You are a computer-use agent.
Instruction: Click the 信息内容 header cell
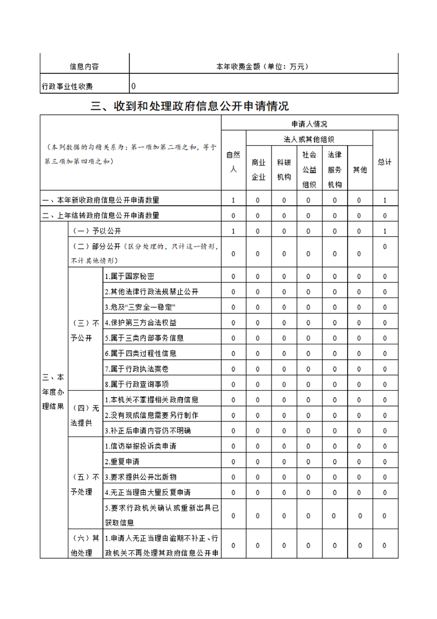tap(84, 67)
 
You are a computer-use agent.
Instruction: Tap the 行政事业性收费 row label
tap(67, 87)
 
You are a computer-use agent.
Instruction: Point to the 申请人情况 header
tap(310, 124)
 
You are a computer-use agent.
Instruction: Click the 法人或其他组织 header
tap(310, 140)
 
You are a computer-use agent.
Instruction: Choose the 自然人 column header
tap(233, 162)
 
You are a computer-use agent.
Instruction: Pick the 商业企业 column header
tap(258, 169)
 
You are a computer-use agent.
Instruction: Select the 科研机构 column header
tap(284, 169)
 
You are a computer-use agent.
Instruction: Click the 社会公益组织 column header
tap(310, 169)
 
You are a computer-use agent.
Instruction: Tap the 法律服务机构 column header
tap(334, 169)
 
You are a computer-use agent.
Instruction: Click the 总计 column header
tap(385, 162)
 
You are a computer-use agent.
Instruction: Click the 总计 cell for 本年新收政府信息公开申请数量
tap(385, 200)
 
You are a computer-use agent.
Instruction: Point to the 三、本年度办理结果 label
tap(53, 392)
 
